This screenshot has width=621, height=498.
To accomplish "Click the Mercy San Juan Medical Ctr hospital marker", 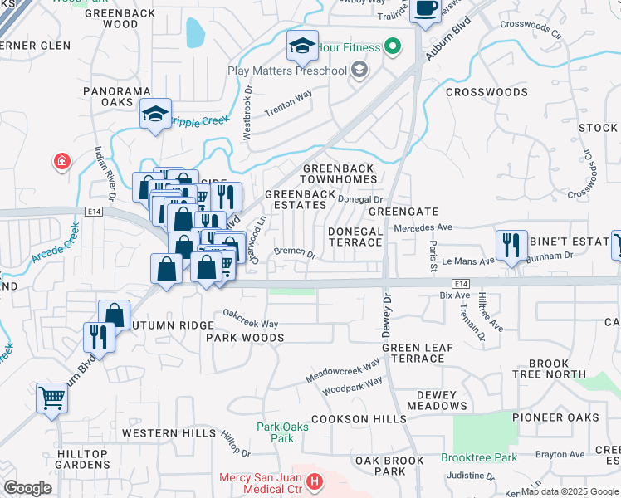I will pyautogui.click(x=314, y=481).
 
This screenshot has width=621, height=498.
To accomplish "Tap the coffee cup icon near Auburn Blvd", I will pyautogui.click(x=426, y=10).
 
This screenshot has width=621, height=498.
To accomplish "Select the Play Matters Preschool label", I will pyautogui.click(x=287, y=71).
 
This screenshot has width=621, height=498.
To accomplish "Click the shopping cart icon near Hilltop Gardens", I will pyautogui.click(x=51, y=399).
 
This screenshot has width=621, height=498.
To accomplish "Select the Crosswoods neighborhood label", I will pyautogui.click(x=487, y=92).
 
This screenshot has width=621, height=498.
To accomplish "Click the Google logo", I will pyautogui.click(x=27, y=488).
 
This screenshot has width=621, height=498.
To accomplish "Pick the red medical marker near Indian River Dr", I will pyautogui.click(x=62, y=162).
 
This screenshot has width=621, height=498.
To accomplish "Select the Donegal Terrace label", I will pyautogui.click(x=355, y=237).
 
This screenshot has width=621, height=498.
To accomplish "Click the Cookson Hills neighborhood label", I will pyautogui.click(x=357, y=419).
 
